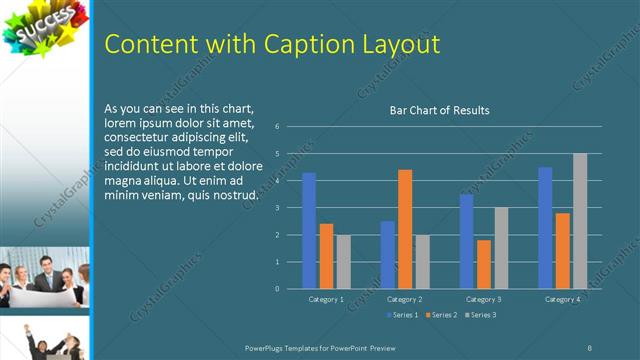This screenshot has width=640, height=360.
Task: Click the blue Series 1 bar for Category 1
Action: (x=309, y=231)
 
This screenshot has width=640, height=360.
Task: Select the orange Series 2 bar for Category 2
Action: (x=405, y=229)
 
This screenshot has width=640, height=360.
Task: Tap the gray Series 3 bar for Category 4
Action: (x=580, y=221)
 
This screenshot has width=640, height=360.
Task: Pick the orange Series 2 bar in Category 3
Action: (x=484, y=264)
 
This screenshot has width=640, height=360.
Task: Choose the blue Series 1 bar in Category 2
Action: (x=388, y=255)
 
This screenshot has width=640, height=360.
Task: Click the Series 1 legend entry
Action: (x=402, y=315)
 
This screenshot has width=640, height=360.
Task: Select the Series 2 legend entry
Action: (x=441, y=315)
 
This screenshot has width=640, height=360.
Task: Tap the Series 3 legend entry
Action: (x=480, y=315)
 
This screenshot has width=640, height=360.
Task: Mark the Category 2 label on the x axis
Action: (x=405, y=299)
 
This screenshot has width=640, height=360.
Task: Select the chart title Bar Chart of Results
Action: (x=439, y=110)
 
